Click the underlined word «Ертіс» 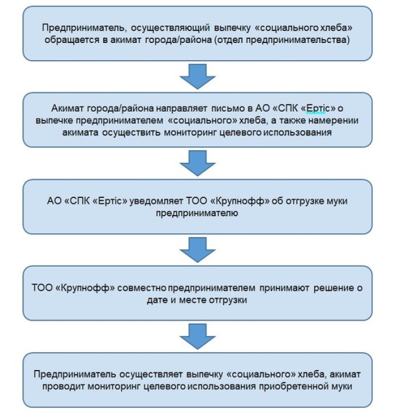click(x=316, y=108)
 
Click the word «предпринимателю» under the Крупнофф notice click(x=197, y=213)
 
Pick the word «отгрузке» click(x=304, y=201)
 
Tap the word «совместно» click(x=142, y=288)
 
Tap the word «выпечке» click(x=54, y=120)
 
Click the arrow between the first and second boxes click(x=197, y=76)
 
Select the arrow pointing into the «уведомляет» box click(x=197, y=163)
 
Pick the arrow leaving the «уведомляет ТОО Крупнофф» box click(x=197, y=250)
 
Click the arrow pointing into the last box click(x=197, y=336)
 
